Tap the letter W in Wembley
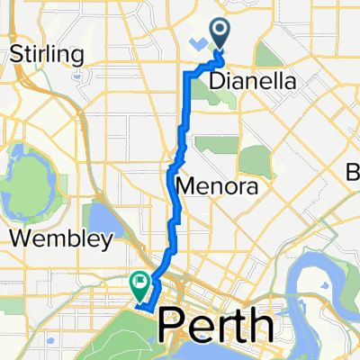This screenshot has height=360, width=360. [19, 239]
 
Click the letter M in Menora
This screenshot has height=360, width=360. [185, 187]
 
